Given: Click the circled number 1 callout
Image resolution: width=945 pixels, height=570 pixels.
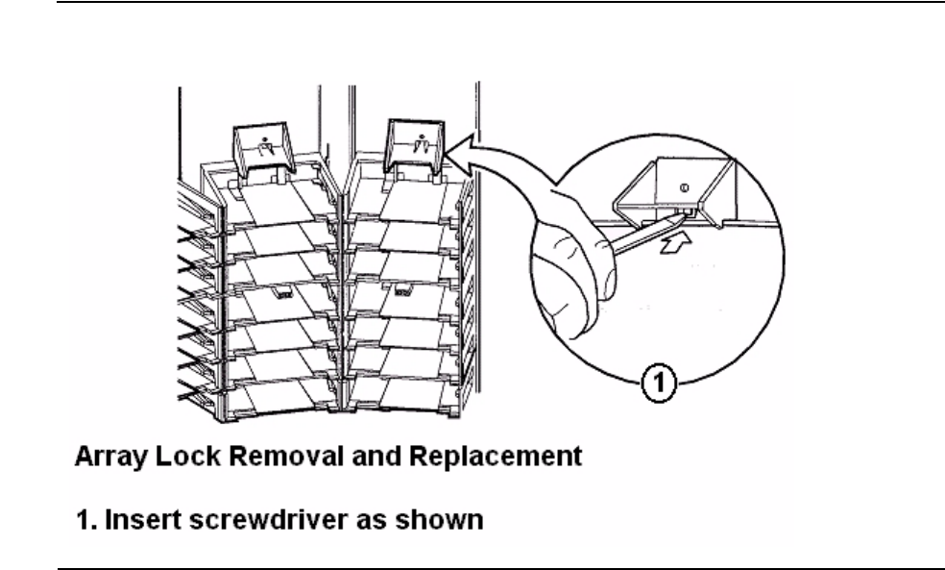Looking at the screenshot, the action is pos(658,383).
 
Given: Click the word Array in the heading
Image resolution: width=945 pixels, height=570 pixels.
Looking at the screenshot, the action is pos(110,457).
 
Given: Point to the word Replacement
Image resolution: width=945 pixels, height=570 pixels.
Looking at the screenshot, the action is pos(496,457).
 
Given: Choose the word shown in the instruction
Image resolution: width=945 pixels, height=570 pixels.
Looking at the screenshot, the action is pos(439,519).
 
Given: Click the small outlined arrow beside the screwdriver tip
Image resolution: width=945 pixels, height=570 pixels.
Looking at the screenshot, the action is pos(675,243).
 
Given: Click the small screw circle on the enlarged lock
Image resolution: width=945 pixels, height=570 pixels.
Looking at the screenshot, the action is pos(684,187).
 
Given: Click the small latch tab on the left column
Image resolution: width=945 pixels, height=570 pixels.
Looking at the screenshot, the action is pos(282,292).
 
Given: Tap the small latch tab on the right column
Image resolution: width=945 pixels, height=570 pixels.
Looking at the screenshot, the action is pos(402,290).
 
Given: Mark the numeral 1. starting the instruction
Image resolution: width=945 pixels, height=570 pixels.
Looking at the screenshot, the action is pos(86,519).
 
